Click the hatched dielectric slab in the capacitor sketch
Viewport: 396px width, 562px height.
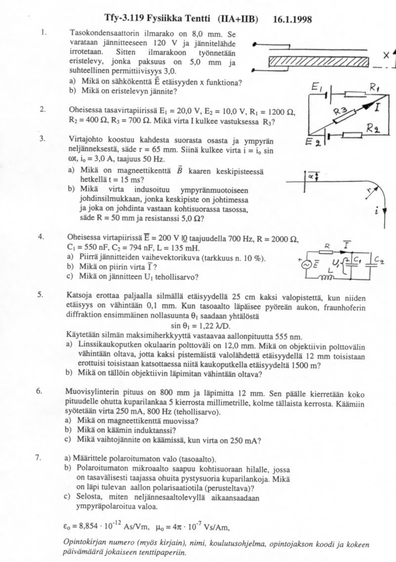(x=318, y=61)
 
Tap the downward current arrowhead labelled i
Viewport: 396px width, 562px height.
(x=384, y=211)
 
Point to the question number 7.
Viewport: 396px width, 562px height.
(x=39, y=457)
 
